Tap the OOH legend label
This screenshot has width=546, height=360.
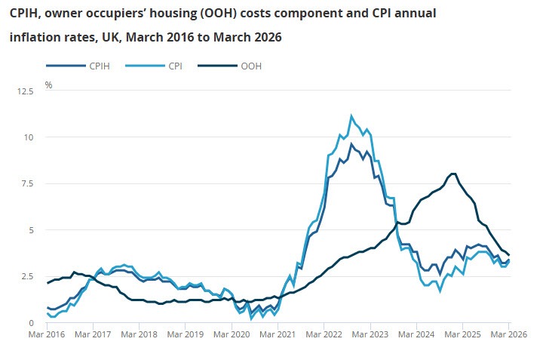[x=251, y=66]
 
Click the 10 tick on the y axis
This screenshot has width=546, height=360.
[x=29, y=137]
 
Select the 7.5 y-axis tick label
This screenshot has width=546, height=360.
[x=26, y=183]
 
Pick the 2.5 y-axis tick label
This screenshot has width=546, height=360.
[x=26, y=276]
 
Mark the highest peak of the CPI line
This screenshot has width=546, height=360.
[x=351, y=115]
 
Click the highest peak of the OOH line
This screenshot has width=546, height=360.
[x=452, y=174]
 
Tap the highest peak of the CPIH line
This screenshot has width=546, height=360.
[x=351, y=143]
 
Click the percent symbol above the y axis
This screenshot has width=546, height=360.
[x=48, y=85]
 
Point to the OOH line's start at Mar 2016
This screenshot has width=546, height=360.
[x=48, y=283]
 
